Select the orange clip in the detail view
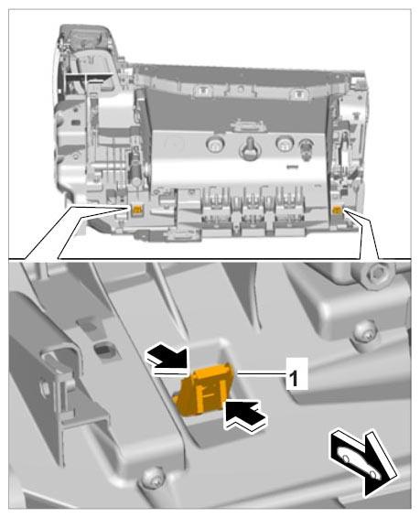coord(203,388)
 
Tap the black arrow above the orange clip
coord(167,358)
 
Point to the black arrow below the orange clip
coord(245,415)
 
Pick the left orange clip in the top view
coord(137,210)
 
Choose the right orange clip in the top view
coord(338,209)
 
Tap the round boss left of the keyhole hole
coord(215,144)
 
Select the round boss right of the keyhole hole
coord(285,144)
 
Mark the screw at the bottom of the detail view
coord(153,479)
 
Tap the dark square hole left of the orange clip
coord(105,350)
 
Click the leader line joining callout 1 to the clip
coord(262,374)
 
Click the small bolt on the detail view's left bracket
coord(45,387)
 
